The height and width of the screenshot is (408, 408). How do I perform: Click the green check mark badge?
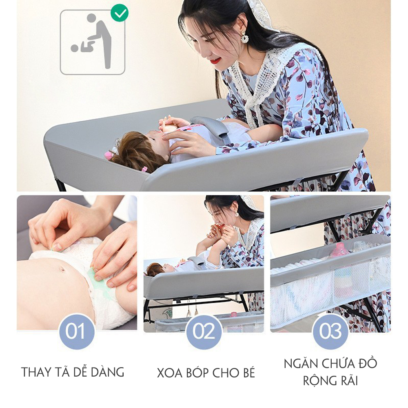pyautogui.click(x=120, y=13)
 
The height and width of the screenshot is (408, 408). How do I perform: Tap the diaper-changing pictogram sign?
pyautogui.click(x=92, y=42)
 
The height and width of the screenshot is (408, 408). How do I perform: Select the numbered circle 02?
pyautogui.click(x=204, y=331)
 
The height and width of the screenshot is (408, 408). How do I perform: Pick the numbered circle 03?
pyautogui.click(x=330, y=331)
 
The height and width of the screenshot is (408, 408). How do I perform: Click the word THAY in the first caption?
pyautogui.click(x=36, y=373)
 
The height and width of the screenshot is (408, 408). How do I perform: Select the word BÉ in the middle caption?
pyautogui.click(x=249, y=372)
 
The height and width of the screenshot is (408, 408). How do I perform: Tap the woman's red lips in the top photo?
pyautogui.click(x=215, y=61)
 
